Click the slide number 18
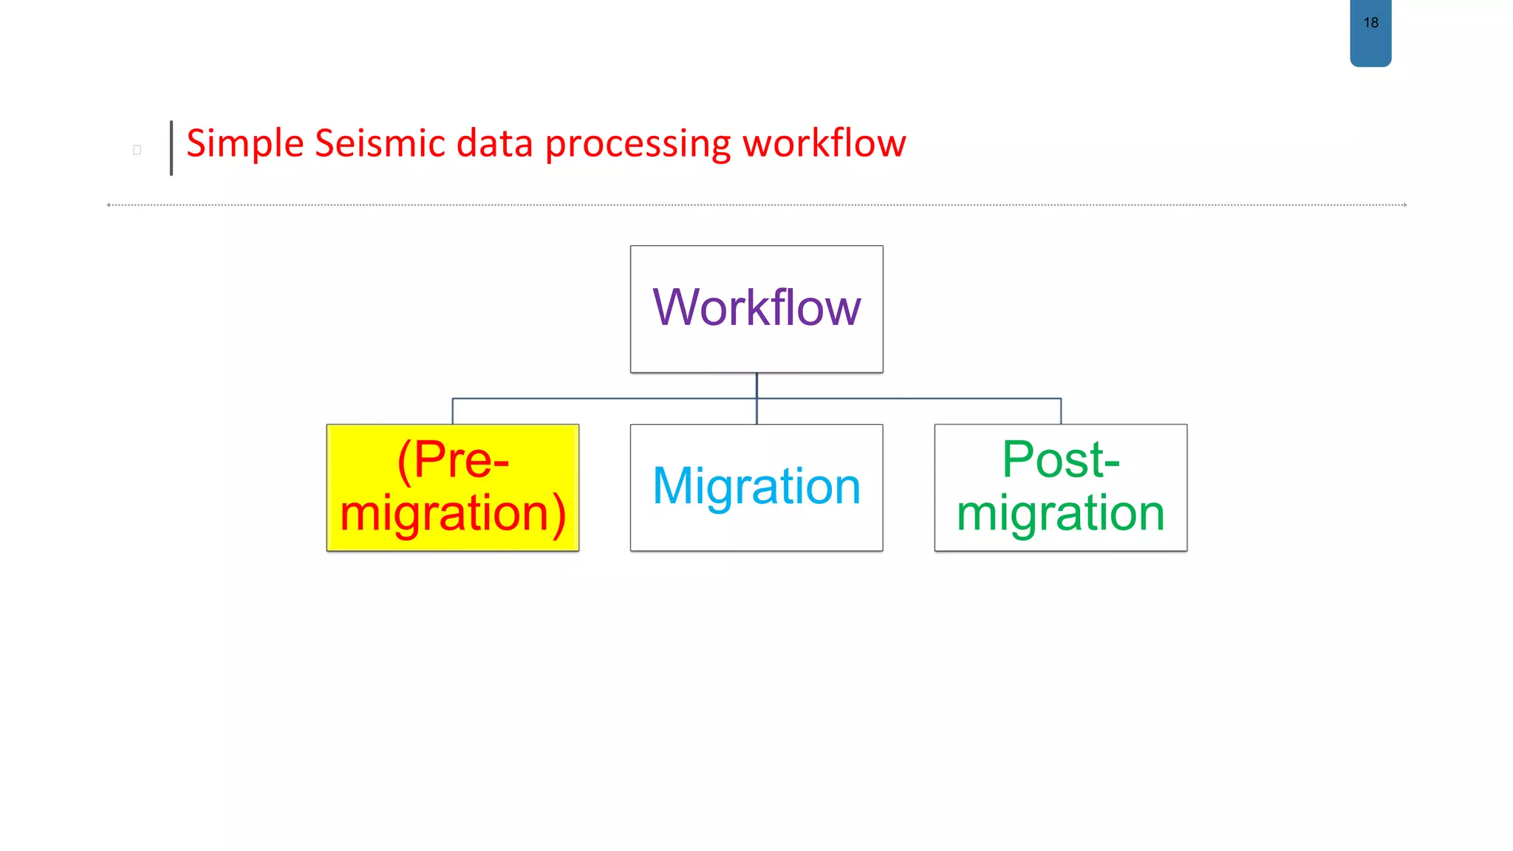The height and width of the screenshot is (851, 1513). pos(1370,23)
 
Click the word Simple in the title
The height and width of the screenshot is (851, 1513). pos(245,143)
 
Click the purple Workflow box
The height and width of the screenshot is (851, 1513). pos(756,309)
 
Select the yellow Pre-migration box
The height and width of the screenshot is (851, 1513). pos(453,488)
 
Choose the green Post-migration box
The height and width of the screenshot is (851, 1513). pos(1061,488)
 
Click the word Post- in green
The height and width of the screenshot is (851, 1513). pos(1061,459)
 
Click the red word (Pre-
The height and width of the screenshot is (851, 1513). pos(453,459)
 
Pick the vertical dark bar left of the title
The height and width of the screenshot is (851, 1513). pos(171,148)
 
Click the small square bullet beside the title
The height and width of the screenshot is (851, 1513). pos(137,150)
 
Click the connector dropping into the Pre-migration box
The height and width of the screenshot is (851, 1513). pos(453,411)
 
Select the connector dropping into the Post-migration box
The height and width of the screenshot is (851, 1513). pos(1061,411)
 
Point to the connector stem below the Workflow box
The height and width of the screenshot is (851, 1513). pos(756,386)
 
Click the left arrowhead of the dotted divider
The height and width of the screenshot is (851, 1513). pos(109,205)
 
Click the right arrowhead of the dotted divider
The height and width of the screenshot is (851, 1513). pos(1404,205)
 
